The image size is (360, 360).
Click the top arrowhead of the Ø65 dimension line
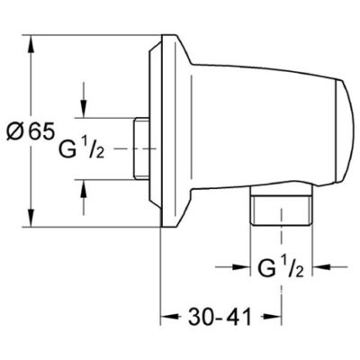pos(35,40)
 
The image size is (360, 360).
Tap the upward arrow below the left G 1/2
pos(83,184)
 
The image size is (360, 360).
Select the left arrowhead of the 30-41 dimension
pos(168,319)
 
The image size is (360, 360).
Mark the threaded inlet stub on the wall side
pos(139,146)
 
